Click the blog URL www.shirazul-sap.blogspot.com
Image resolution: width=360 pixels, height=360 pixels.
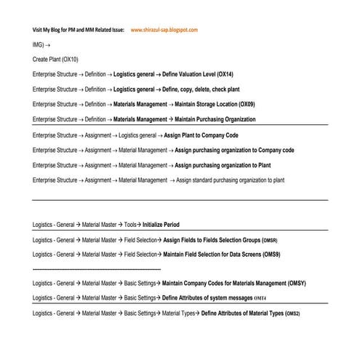tap(164, 30)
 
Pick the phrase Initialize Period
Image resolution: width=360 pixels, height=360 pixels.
tap(161, 225)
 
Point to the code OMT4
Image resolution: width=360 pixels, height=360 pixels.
tap(261, 298)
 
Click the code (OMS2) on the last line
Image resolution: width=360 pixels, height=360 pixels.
tap(292, 313)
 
